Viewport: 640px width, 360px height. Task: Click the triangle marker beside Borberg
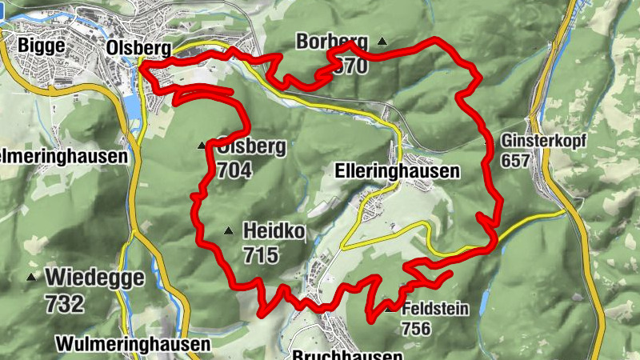pyautogui.click(x=382, y=41)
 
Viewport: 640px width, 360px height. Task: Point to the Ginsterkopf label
pyautogui.click(x=544, y=141)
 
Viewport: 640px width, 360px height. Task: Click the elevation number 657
pyautogui.click(x=517, y=160)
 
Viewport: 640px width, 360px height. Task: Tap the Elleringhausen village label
pyautogui.click(x=398, y=171)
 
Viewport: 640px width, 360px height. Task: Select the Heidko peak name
pyautogui.click(x=274, y=232)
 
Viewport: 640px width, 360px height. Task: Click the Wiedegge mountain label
pyautogui.click(x=95, y=278)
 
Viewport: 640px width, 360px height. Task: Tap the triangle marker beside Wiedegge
pyautogui.click(x=31, y=278)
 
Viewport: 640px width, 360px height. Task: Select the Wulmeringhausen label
pyautogui.click(x=133, y=345)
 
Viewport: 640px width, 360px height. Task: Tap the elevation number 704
pyautogui.click(x=234, y=170)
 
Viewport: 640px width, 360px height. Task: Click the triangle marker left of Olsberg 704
pyautogui.click(x=202, y=146)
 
